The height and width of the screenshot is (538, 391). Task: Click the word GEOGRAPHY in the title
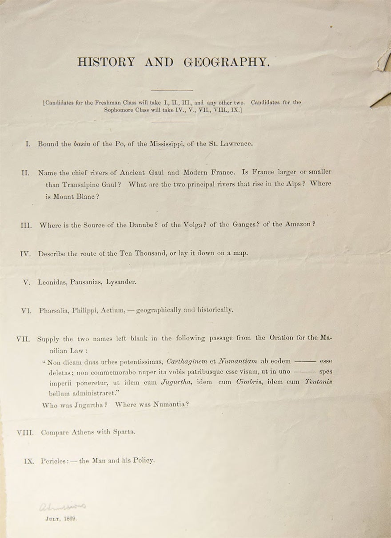point(227,62)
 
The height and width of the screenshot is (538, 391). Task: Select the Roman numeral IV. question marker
point(25,254)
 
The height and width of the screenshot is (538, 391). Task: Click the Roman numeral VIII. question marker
point(25,433)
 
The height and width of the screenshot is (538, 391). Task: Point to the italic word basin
point(82,144)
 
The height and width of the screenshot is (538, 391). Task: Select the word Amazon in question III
point(297,225)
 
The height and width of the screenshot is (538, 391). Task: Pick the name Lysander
point(121,282)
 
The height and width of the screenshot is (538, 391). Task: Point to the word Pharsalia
point(55,311)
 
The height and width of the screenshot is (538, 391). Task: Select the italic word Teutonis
point(316,382)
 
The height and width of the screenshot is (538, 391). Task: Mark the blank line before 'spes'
point(305,372)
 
